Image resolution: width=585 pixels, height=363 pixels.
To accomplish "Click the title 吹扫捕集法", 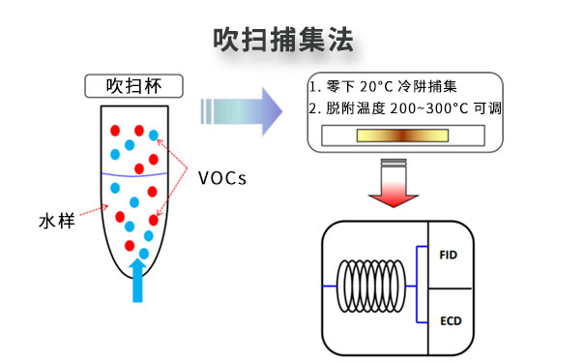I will pos(283,40).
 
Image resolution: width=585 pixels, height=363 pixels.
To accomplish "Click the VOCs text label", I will pos(222,177).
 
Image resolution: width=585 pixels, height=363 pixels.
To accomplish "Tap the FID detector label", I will pos(448,256).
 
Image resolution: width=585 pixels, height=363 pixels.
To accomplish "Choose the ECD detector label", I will pos(448,318).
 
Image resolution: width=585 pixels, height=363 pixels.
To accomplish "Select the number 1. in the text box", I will pos(314,86).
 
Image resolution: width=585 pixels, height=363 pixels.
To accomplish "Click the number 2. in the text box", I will pos(314,108).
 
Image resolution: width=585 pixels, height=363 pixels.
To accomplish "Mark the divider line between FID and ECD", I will pos(450,287).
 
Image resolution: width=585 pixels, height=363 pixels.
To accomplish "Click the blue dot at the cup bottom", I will pos(143,254).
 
